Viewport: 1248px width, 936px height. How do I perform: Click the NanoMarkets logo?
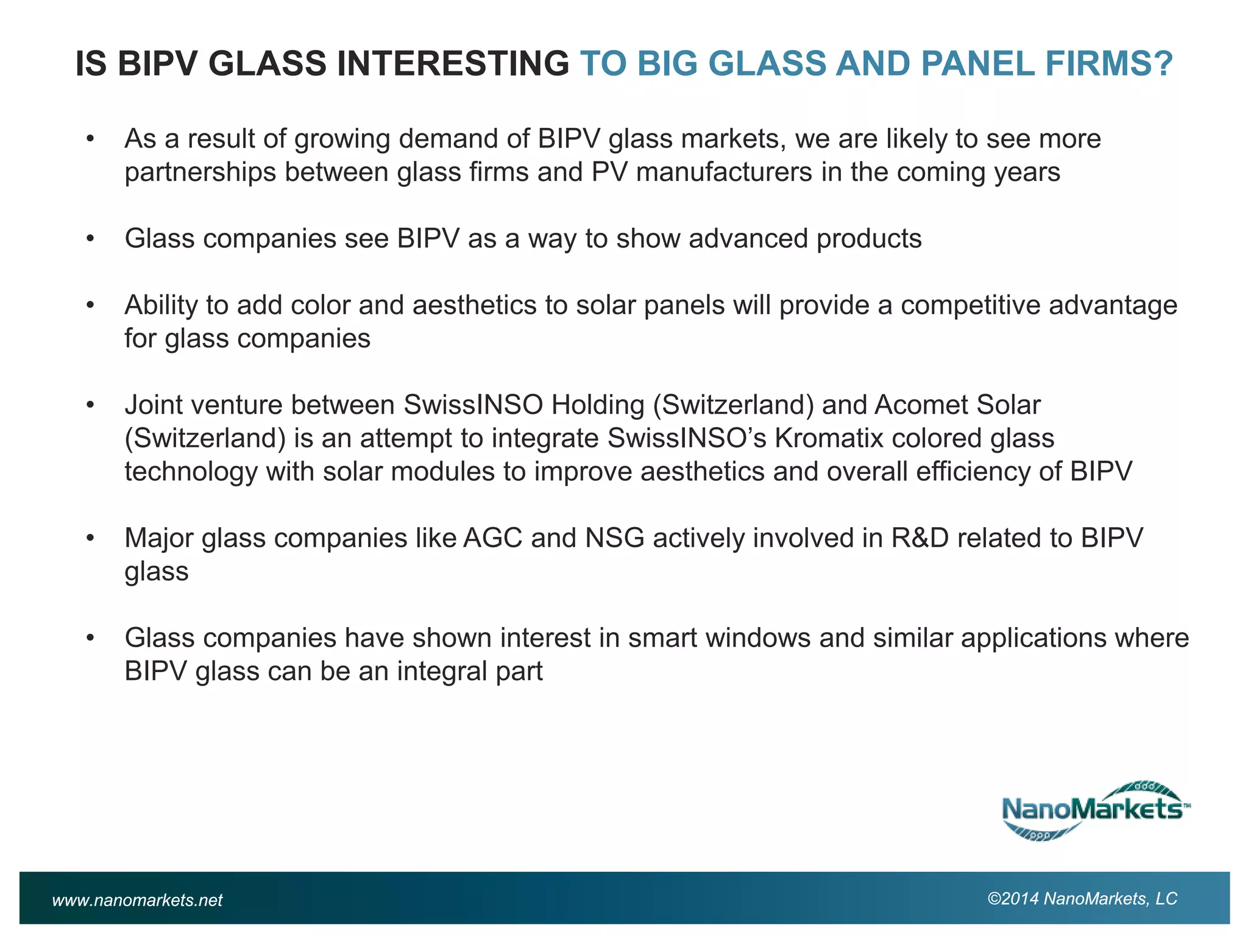tap(1095, 810)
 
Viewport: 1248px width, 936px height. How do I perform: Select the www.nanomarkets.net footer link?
tap(137, 900)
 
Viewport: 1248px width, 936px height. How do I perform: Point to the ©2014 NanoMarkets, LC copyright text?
tap(1082, 899)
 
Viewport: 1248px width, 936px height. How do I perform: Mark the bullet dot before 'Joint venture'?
tap(90, 405)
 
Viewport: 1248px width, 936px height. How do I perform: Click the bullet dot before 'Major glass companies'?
tap(90, 538)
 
